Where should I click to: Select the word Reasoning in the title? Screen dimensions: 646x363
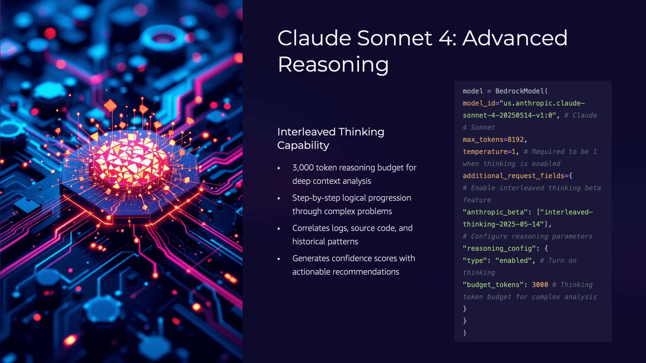point(333,64)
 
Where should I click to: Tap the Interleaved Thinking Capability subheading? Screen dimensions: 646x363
point(331,138)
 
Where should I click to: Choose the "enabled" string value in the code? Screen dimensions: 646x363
point(513,260)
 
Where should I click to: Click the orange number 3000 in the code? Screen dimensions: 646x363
point(540,285)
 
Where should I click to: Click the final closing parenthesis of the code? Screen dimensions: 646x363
point(465,333)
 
